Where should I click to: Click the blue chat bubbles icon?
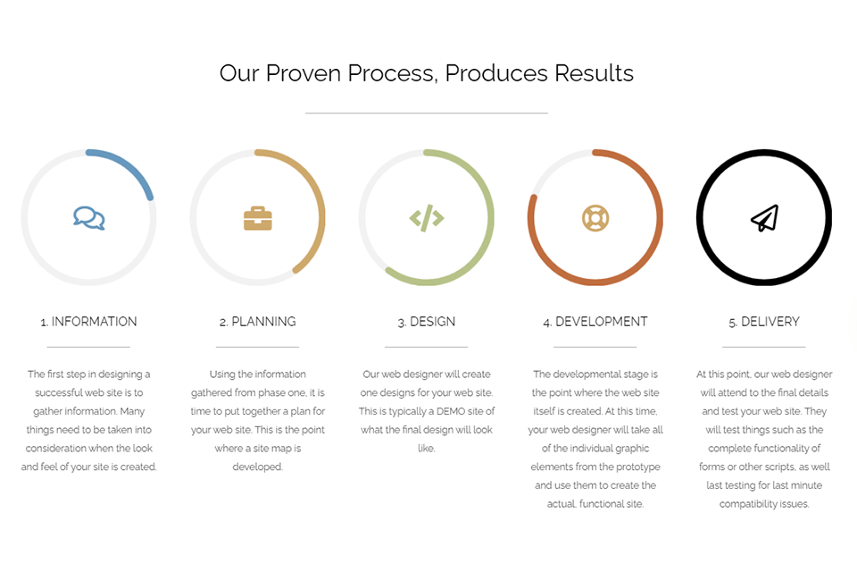[88, 217]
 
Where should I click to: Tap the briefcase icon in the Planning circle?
[258, 218]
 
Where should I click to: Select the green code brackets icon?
[427, 217]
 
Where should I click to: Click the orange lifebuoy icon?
[595, 217]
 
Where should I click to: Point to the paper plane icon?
[764, 218]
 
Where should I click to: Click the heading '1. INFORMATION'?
[88, 322]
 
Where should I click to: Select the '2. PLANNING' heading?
[257, 322]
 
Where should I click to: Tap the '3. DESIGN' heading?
[427, 322]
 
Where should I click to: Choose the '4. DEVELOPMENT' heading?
[595, 322]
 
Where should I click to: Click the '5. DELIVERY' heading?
[764, 322]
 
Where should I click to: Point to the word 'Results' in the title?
[594, 73]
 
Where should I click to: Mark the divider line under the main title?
[427, 114]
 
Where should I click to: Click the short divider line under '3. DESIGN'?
[427, 347]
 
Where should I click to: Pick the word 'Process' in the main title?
[393, 73]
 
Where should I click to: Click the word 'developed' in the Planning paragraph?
[257, 467]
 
